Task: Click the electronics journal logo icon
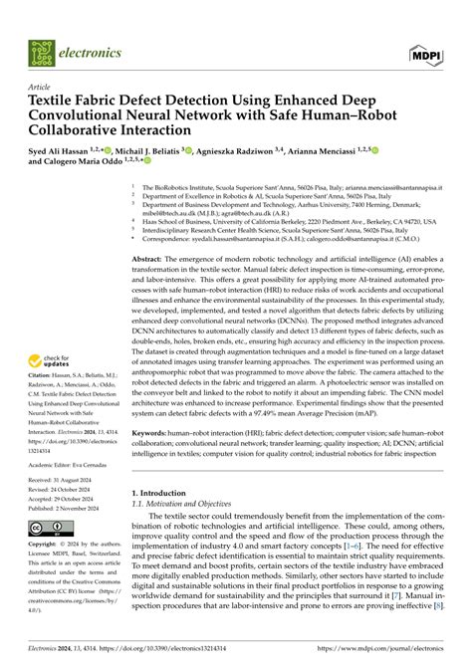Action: tap(42, 51)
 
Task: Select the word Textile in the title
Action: tap(55, 101)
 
